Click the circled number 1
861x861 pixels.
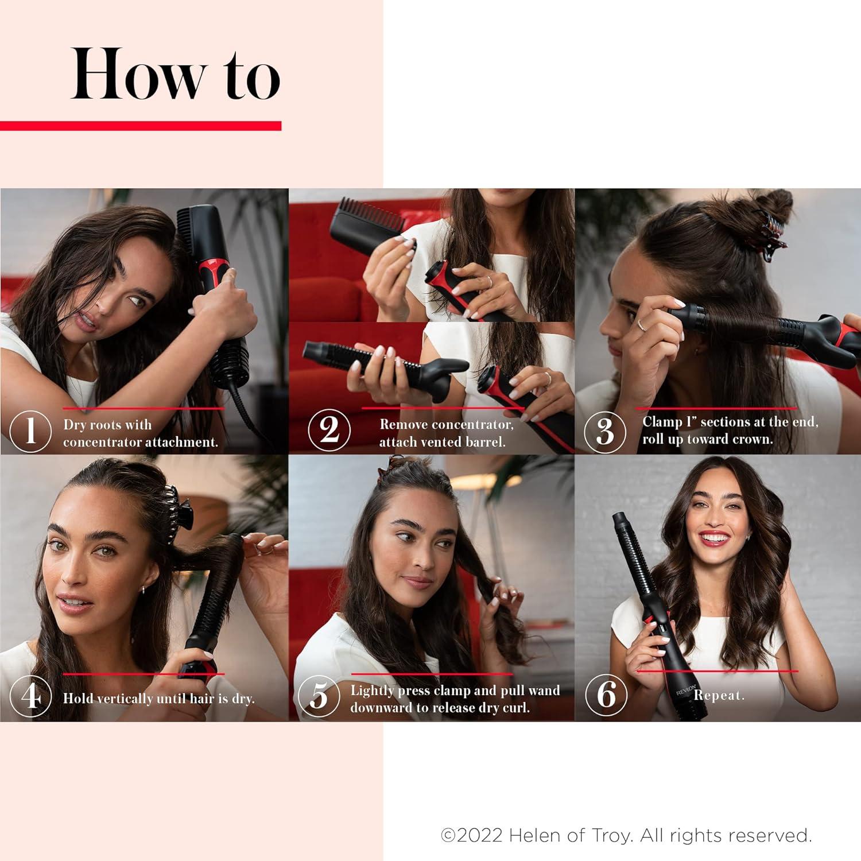click(x=30, y=430)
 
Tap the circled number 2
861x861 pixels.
click(x=329, y=430)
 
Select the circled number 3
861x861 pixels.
click(x=604, y=432)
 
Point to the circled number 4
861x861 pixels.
click(x=30, y=696)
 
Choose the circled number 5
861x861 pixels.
click(x=319, y=696)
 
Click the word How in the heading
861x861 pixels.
click(x=138, y=75)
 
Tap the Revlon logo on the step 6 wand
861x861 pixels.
click(x=687, y=689)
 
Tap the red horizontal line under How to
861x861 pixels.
click(x=141, y=126)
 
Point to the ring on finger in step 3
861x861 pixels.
click(x=641, y=325)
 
